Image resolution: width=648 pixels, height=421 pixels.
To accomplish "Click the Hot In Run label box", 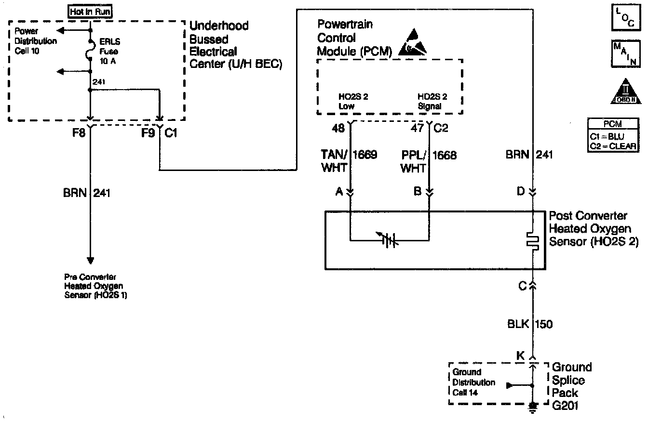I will pos(91,11).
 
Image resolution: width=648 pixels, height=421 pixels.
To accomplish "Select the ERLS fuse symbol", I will pos(90,50).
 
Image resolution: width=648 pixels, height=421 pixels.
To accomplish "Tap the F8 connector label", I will pos(80,133).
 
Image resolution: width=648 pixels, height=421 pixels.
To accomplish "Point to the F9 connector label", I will pos(148,133).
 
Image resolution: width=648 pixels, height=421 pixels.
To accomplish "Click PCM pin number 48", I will pos(339,129).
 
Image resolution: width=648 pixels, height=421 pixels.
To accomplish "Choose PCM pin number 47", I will pos(418,129).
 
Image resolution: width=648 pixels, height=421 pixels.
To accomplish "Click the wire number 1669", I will pos(365,155).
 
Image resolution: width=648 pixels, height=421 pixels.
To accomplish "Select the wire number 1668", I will pos(444,155).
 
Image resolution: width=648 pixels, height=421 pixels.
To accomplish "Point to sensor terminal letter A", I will pos(339,191).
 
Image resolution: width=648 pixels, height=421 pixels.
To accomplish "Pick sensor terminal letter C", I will pos(522,286).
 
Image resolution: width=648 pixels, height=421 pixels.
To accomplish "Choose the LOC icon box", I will pos(626,18).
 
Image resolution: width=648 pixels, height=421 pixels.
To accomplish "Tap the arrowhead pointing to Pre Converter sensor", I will pos(90,261).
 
